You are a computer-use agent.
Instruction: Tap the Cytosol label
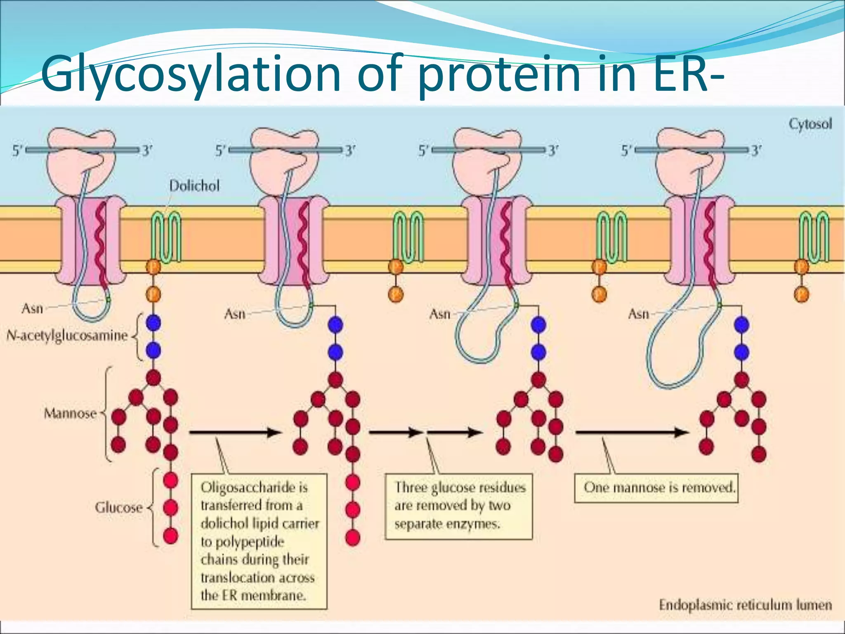point(810,124)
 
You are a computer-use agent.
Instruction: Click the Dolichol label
point(194,186)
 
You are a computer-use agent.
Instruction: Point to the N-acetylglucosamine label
point(67,336)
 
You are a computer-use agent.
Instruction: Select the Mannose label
point(70,413)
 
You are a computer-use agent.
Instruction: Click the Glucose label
point(118,507)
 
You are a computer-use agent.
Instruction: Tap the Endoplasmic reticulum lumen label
point(745,605)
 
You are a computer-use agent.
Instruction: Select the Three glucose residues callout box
point(458,506)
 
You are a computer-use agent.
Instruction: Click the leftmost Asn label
point(32,308)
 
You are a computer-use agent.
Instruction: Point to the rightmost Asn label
point(638,314)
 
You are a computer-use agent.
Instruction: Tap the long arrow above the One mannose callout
point(631,433)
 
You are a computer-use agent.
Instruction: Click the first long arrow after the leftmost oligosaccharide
point(234,433)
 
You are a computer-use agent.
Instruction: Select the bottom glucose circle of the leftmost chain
point(170,536)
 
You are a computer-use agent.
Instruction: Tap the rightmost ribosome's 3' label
point(756,151)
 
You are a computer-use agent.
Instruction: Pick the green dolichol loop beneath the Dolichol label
point(166,237)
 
